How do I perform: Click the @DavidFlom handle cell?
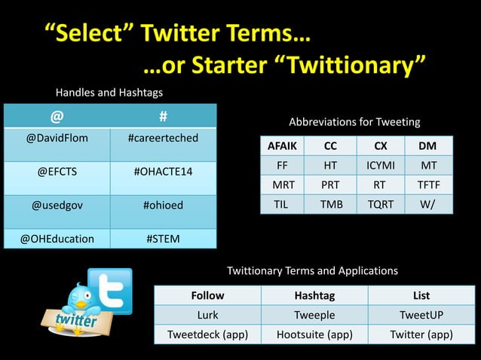pyautogui.click(x=57, y=139)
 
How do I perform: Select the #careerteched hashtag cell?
pyautogui.click(x=163, y=139)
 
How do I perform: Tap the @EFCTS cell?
pyautogui.click(x=57, y=172)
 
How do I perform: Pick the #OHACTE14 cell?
pyautogui.click(x=163, y=172)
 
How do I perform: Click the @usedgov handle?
pyautogui.click(x=57, y=205)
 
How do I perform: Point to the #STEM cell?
pyautogui.click(x=163, y=239)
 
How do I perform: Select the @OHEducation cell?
pyautogui.click(x=57, y=239)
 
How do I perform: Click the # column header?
pyautogui.click(x=163, y=117)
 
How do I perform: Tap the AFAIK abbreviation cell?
pyautogui.click(x=283, y=146)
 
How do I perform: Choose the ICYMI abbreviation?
pyautogui.click(x=379, y=165)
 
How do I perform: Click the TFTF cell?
pyautogui.click(x=428, y=185)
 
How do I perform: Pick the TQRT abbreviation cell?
pyautogui.click(x=379, y=203)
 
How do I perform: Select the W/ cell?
pyautogui.click(x=428, y=203)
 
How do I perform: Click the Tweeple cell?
pyautogui.click(x=314, y=315)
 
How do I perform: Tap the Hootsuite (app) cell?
pyautogui.click(x=314, y=334)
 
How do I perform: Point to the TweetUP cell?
pyautogui.click(x=421, y=315)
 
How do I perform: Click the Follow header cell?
pyautogui.click(x=207, y=295)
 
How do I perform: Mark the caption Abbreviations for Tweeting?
pyautogui.click(x=354, y=121)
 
